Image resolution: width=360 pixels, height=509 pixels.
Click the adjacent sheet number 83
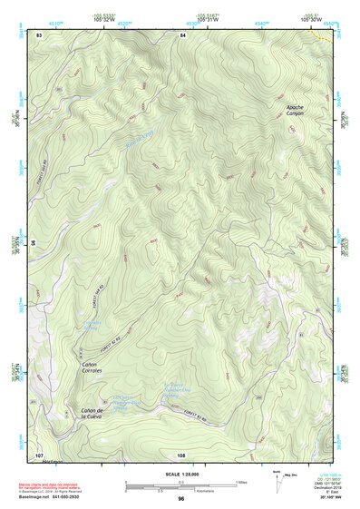(39, 34)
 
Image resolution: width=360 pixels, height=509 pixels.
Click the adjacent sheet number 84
(182, 34)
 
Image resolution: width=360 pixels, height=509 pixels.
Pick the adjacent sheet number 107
(39, 454)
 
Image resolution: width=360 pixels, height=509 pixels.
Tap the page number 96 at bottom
(181, 498)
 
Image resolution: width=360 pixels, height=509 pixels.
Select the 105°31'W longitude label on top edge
(208, 18)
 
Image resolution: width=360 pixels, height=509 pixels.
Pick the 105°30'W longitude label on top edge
(311, 18)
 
